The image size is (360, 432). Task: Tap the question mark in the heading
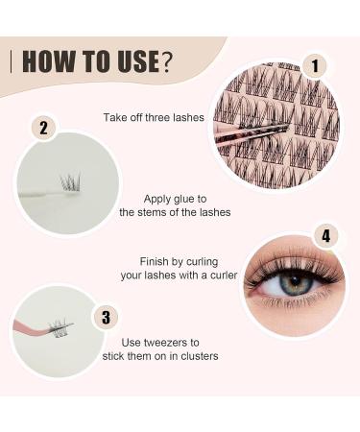click(x=167, y=62)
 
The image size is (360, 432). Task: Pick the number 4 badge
click(x=325, y=235)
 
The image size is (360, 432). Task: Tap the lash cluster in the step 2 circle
click(x=70, y=182)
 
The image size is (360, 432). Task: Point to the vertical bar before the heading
click(x=12, y=62)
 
